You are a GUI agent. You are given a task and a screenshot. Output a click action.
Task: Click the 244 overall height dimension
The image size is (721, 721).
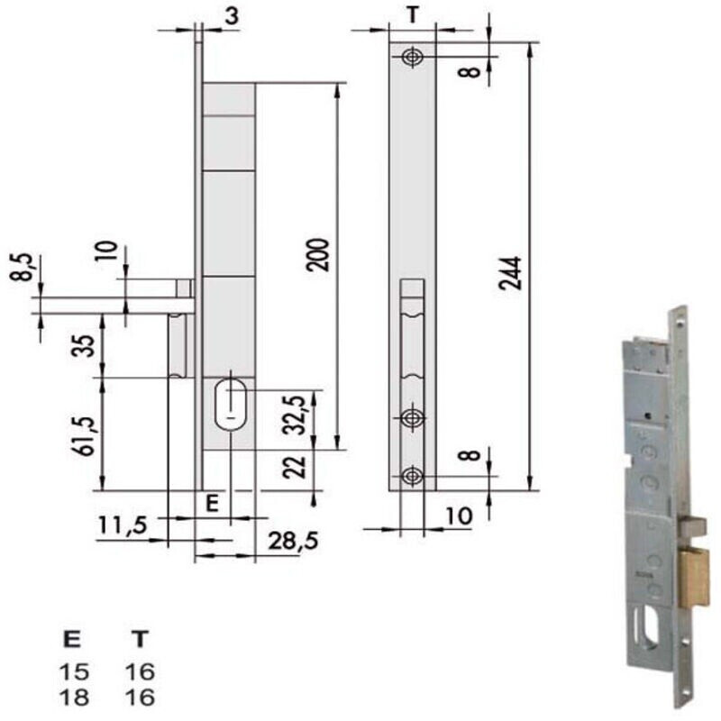pos(511,273)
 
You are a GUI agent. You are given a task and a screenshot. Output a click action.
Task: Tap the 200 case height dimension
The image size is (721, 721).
pos(318,255)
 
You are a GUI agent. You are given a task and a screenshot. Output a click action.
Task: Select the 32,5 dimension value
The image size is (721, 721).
pos(296,415)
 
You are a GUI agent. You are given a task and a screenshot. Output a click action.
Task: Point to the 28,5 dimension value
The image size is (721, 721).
pos(293,541)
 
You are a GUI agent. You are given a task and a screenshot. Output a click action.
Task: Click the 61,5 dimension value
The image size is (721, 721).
pos(86,436)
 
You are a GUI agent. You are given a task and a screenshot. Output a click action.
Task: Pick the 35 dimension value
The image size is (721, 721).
pos(83,346)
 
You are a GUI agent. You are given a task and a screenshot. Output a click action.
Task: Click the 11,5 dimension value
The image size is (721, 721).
pos(123,525)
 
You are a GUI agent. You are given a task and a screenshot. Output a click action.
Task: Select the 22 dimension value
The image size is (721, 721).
pos(295,467)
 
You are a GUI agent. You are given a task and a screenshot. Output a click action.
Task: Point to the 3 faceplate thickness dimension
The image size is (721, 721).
pos(233,16)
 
